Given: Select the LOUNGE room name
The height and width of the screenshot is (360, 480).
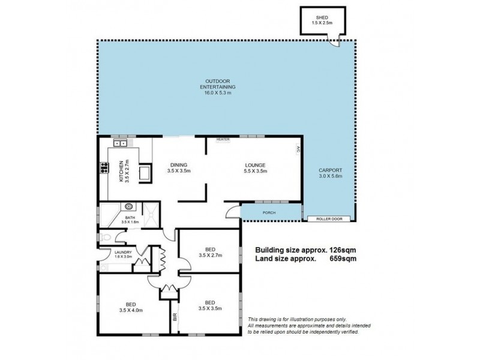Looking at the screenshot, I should click(254, 165).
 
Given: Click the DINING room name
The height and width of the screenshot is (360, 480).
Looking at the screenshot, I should click(179, 165).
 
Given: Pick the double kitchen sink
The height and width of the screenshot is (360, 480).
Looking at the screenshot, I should click(120, 143).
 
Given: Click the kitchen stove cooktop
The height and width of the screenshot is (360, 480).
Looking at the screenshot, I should click(103, 169).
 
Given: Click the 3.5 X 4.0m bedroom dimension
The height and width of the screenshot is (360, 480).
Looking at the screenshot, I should click(131, 310).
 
